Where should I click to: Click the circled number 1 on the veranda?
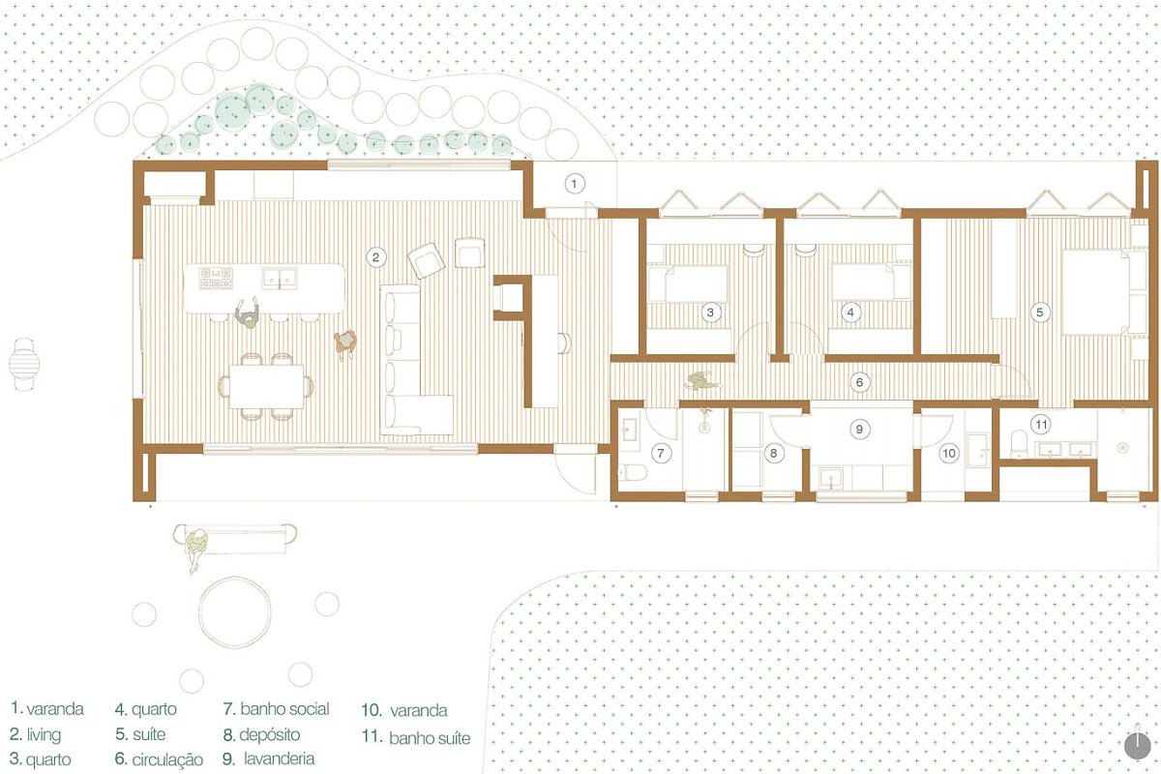pos(574,184)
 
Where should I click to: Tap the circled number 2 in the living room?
pos(375,257)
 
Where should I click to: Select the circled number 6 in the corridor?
pos(859,382)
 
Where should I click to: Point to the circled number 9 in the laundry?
pos(859,430)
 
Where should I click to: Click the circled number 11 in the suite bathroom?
pos(1041,425)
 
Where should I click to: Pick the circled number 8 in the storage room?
pos(773,453)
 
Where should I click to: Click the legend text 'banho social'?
pos(284,709)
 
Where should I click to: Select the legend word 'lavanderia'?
pos(279,759)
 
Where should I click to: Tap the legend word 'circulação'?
pos(167,760)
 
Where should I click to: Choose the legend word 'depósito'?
pos(270,734)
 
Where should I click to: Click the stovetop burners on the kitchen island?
pos(216,279)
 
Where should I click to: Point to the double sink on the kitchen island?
pos(280,278)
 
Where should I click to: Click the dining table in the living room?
pos(266,387)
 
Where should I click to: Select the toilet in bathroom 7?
pos(633,472)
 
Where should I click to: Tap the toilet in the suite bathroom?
pos(1019,444)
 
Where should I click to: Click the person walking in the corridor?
pos(702,381)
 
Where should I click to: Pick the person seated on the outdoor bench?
pos(197,549)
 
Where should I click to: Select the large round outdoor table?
pos(235,611)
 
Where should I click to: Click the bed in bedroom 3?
pos(688,283)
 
